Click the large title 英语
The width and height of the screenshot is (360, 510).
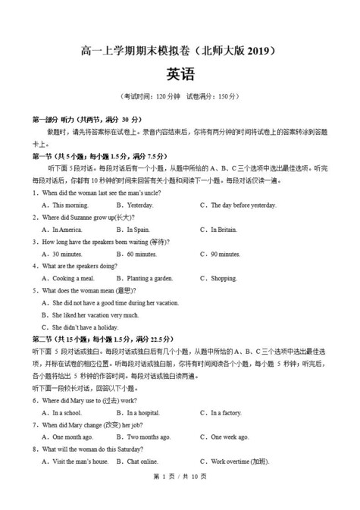coord(180,75)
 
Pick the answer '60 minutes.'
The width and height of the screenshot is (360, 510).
coord(141,254)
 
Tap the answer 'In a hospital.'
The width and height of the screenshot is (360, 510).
coord(143,413)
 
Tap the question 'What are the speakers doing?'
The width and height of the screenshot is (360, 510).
coord(79,266)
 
